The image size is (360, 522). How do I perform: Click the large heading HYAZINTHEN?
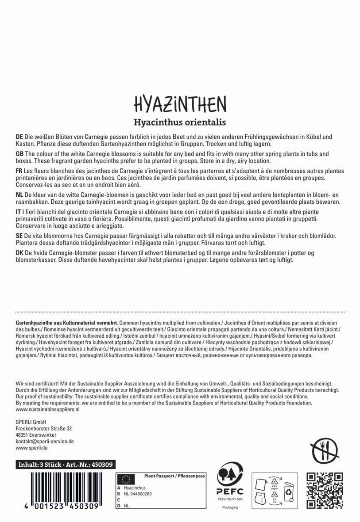coord(180,104)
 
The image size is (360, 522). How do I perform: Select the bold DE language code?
coord(19,137)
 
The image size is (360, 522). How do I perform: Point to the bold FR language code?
coord(19,171)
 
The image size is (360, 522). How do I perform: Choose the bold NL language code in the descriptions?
coord(19,195)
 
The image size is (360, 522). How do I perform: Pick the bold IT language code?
coord(18,212)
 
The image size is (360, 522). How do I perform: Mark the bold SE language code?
coord(19,236)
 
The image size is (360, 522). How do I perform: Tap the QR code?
coord(325,490)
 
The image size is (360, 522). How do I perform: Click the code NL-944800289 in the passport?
coord(139,493)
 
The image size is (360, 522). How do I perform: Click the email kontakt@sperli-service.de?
coord(45,441)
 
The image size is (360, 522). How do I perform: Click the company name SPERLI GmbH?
coord(31,422)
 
